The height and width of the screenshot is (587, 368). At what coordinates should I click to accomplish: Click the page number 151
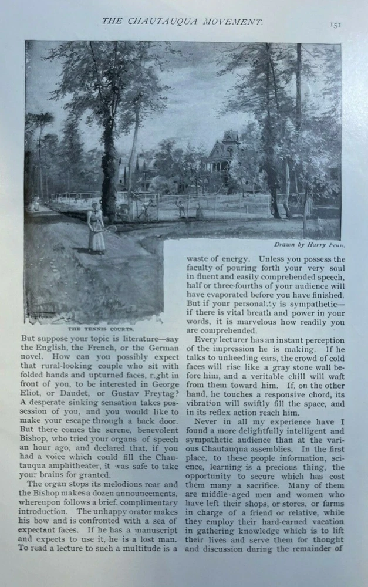[335, 25]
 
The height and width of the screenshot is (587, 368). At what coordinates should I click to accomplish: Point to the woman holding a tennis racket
[96, 227]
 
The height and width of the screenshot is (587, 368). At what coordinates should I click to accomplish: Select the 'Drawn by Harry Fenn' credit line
[309, 244]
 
